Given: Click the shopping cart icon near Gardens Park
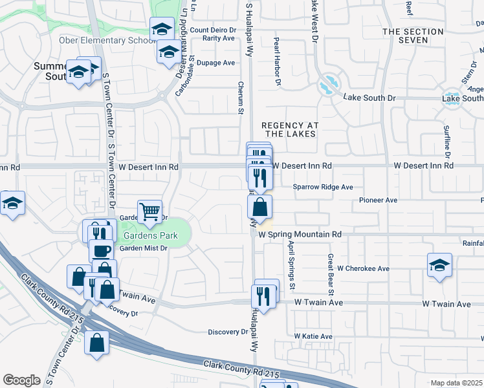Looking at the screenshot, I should point(149,211).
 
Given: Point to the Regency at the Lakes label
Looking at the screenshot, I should point(288,129).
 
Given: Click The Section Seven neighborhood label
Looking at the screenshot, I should point(414,36).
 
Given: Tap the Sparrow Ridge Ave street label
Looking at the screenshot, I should point(322,187).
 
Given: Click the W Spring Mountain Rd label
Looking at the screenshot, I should point(300,234).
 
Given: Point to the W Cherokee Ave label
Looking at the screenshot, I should point(362,268).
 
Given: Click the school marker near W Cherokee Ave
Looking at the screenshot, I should point(439,264).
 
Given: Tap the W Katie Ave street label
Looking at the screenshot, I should point(313,336).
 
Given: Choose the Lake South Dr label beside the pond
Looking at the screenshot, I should point(369,98).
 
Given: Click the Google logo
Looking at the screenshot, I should point(21,380).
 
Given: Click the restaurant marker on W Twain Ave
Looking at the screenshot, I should point(261,296).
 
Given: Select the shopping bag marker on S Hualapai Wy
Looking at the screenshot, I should point(259,208).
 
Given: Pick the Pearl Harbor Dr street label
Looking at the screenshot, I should point(276,61).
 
